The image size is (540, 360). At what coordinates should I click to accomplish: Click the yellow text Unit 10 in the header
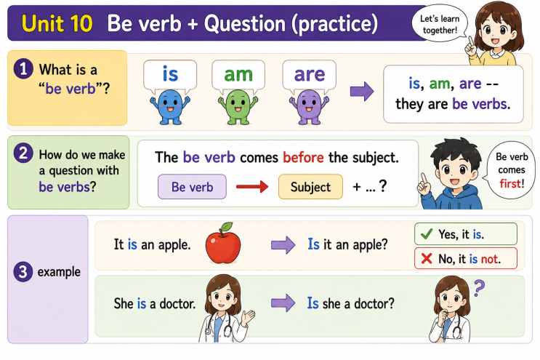coord(57,23)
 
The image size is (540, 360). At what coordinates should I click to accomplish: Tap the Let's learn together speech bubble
coord(440,23)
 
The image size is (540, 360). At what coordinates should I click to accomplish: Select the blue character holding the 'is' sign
coord(170,107)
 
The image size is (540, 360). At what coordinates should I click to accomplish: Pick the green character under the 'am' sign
coord(238,107)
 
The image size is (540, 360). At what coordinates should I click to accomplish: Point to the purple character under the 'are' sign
coord(309,107)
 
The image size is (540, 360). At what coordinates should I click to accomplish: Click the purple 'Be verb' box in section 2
coord(192,187)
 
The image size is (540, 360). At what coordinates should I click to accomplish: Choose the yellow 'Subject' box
coord(310,187)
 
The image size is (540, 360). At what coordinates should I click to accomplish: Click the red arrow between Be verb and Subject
coord(252,187)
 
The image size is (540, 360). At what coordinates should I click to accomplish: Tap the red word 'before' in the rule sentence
coord(303,157)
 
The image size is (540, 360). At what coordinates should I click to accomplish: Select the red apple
coord(223,244)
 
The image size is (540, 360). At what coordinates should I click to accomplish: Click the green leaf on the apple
coord(226,227)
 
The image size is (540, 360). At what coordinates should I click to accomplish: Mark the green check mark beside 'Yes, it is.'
coord(427,234)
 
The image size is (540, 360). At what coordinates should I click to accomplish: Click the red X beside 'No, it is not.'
coord(427,258)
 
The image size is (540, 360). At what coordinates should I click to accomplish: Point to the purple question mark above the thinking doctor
coord(479,288)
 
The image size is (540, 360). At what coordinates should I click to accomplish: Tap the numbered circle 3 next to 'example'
coord(23,271)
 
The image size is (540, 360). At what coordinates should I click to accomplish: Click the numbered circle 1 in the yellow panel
coord(23,68)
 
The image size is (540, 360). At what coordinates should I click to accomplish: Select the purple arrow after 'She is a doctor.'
coord(283,303)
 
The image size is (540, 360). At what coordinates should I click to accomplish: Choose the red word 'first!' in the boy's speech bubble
coord(512,183)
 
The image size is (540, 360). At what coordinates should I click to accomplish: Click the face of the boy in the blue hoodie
coord(454,172)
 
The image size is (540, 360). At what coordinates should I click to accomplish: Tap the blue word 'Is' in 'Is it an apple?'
coord(313,244)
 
